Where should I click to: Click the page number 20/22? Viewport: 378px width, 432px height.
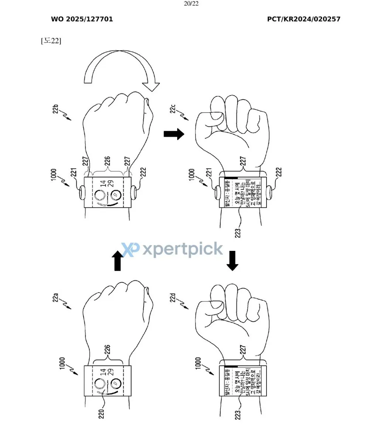[x=191, y=4]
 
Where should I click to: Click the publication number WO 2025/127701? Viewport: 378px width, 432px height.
[x=82, y=19]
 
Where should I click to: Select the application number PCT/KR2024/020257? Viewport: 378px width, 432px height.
[x=303, y=19]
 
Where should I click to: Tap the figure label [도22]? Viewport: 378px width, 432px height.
[x=51, y=41]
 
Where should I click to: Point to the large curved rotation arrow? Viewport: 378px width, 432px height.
[x=122, y=72]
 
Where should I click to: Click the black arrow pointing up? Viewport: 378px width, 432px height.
[x=117, y=260]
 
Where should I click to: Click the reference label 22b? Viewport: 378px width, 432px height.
[x=56, y=110]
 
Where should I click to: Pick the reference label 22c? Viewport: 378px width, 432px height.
[x=173, y=110]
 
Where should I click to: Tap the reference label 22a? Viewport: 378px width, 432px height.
[x=56, y=297]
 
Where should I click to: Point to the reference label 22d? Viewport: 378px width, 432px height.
[x=173, y=297]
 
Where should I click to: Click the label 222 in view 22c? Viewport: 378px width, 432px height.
[x=279, y=172]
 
